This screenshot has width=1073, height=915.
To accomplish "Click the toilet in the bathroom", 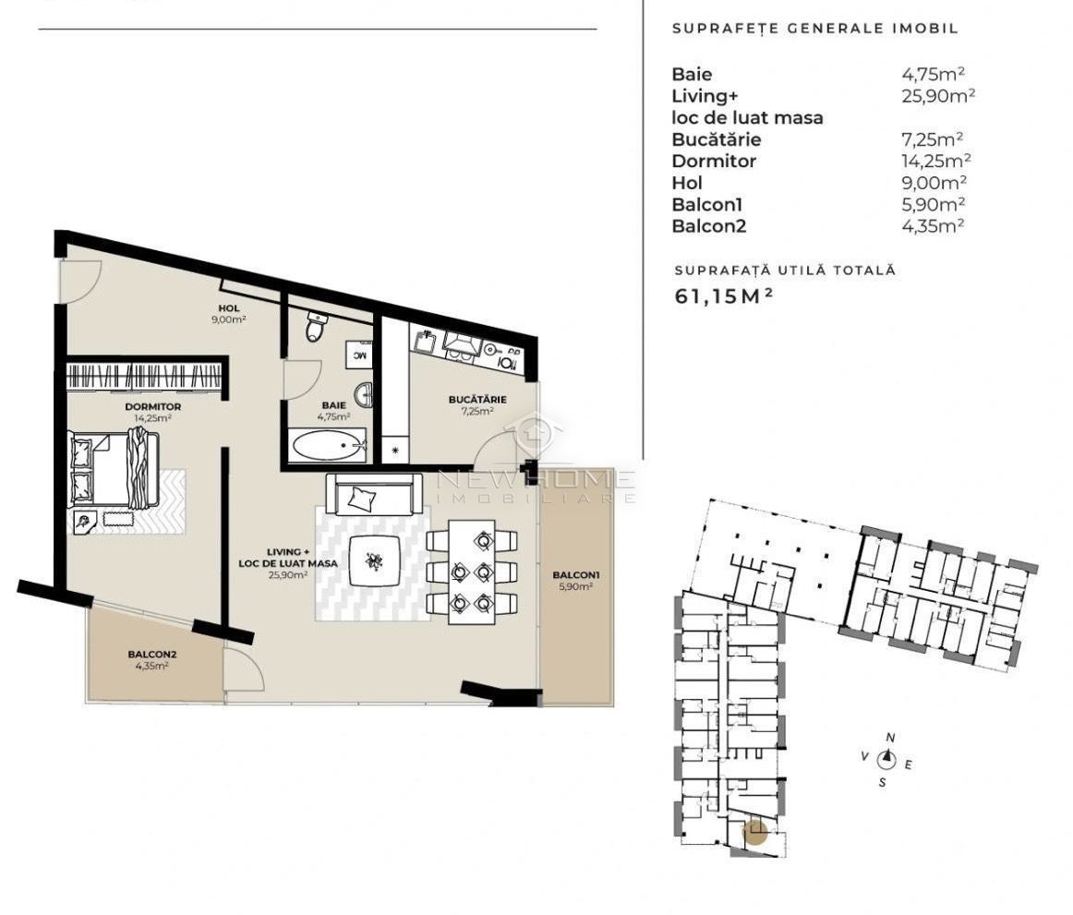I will (x=316, y=326).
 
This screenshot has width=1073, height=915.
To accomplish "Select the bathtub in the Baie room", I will (x=329, y=447).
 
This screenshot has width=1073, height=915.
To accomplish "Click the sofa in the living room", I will (x=374, y=496).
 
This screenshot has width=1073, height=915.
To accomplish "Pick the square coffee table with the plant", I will (x=374, y=560).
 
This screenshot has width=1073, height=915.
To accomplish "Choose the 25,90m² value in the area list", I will (x=938, y=96).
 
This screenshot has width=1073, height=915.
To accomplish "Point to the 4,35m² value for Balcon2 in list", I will (x=934, y=225).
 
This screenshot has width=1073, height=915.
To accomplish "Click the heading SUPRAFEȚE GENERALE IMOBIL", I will (x=814, y=29).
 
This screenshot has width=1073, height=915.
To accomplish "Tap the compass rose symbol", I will (x=886, y=759).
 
